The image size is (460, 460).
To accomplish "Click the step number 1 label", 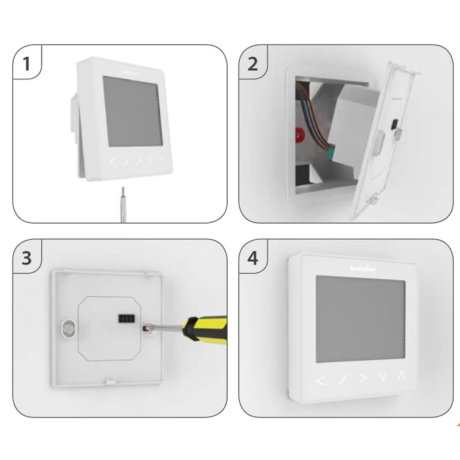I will point(26,63).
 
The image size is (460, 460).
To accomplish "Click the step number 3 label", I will point(26,258).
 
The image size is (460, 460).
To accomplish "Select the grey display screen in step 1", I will point(132,110).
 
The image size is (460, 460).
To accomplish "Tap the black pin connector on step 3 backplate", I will point(125,317).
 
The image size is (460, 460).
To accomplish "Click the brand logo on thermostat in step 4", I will point(362,267).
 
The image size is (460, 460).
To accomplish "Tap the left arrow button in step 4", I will point(320,380).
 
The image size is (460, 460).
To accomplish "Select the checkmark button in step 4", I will point(342,379).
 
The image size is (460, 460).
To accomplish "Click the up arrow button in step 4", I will point(402,376).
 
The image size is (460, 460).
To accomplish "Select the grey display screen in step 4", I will point(361,318).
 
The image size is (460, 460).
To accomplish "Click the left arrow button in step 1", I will point(113,162).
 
